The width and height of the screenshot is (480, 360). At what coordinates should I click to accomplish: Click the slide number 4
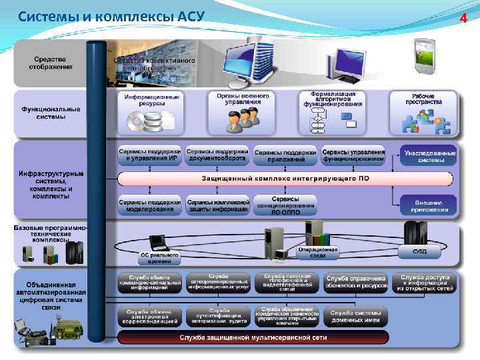click(464, 17)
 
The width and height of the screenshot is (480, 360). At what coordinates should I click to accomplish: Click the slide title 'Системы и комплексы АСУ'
click(111, 17)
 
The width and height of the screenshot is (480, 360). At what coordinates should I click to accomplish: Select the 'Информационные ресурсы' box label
click(151, 100)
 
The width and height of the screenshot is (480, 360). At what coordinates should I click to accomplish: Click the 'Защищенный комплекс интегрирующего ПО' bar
click(285, 179)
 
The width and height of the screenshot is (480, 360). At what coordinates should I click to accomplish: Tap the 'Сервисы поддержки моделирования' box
click(150, 205)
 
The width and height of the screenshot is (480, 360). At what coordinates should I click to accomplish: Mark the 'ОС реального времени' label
click(158, 257)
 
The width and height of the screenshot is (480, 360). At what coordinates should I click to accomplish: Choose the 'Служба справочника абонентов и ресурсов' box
click(355, 282)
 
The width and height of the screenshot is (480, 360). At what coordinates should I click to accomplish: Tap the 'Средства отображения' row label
click(50, 62)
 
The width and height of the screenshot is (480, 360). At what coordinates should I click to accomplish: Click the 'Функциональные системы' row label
click(50, 113)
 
